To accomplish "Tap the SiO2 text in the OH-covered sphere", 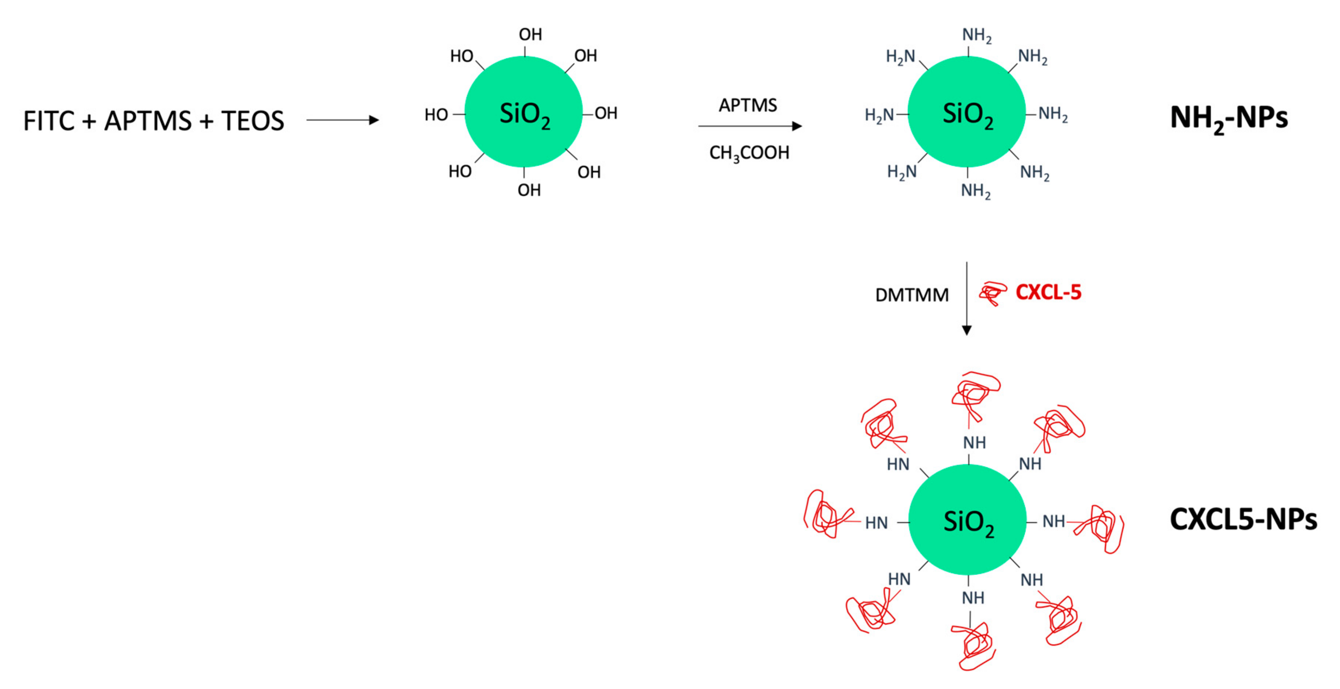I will tap(524, 114).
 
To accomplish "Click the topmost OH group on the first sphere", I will tap(530, 34).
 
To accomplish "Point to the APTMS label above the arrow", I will tap(748, 105).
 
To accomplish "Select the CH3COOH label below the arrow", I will tap(749, 153).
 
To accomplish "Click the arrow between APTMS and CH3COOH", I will tap(749, 126).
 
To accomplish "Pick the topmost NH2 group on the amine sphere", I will tap(976, 35).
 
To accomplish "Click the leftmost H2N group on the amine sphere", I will tap(879, 115).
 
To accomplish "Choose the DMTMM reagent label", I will tap(911, 295).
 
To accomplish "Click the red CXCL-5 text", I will tap(1048, 292).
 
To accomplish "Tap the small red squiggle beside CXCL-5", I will tap(992, 293).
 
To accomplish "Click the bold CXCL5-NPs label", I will tap(1243, 519).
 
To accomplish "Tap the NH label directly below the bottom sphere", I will tap(973, 598).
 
